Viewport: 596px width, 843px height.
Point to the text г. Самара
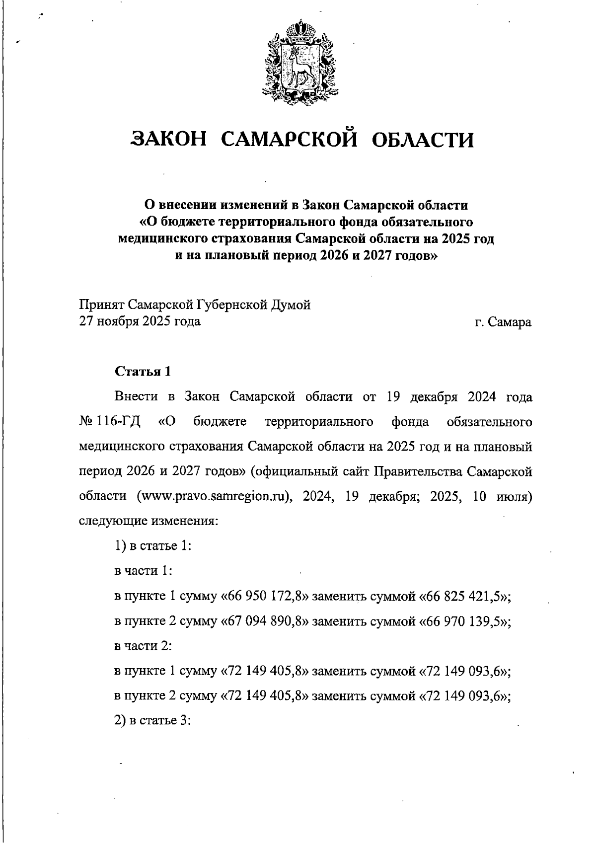[503, 322]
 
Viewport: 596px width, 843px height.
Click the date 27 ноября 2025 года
[140, 321]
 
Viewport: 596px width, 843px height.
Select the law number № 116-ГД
[110, 422]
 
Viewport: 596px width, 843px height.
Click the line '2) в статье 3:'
[153, 720]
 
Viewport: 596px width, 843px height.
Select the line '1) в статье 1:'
[153, 546]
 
